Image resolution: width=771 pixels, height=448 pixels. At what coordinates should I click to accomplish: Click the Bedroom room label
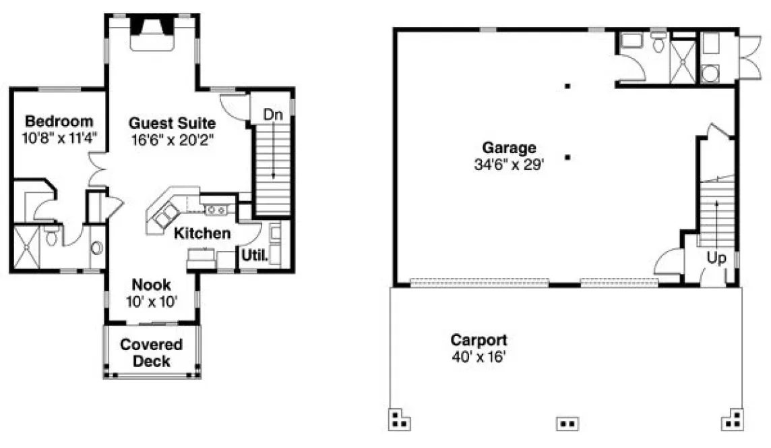[59, 121]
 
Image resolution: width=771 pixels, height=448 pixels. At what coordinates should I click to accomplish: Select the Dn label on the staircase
[272, 115]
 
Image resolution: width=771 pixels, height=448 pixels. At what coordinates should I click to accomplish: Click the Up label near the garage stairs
[716, 258]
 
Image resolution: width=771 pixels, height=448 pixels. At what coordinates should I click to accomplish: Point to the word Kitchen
[202, 233]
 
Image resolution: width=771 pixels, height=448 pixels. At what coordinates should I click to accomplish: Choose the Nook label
[152, 284]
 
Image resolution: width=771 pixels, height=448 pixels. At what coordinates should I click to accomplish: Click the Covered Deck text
[151, 353]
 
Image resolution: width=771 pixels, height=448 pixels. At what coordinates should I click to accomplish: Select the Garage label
[509, 147]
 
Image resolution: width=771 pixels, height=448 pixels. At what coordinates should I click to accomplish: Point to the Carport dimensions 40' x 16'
[479, 356]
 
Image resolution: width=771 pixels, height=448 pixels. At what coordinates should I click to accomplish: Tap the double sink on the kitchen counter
[217, 210]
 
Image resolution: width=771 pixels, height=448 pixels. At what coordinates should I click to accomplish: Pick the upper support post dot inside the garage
[568, 86]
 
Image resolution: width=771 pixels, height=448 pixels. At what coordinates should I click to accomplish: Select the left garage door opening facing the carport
[479, 281]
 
